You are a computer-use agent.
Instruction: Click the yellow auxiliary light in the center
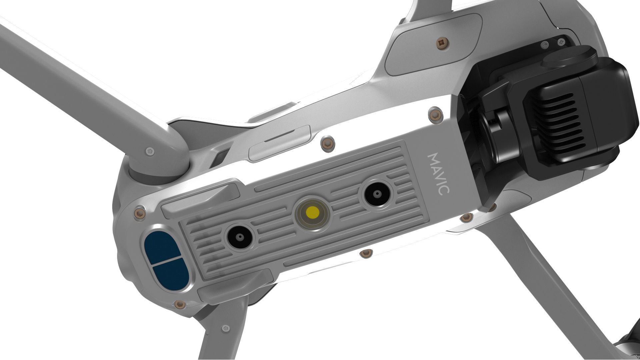click(x=313, y=211)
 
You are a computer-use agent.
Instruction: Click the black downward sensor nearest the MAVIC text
click(x=377, y=194)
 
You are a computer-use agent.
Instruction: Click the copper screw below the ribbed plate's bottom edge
click(x=366, y=253)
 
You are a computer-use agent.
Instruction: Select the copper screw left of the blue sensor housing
click(x=139, y=214)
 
